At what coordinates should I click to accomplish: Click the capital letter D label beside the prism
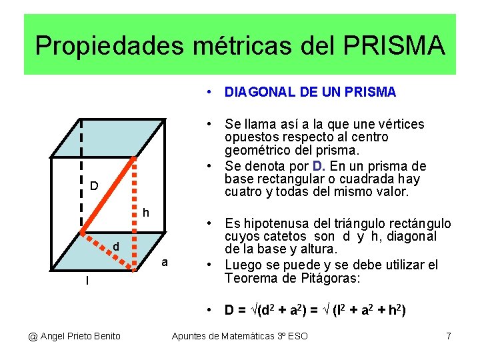pos(94,185)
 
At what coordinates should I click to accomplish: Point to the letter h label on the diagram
pos(145,213)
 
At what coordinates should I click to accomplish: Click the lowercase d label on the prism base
pos(115,247)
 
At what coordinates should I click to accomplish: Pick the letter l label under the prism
pos(87,281)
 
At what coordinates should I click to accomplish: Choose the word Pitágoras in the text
pos(331,279)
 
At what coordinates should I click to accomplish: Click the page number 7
pos(449,336)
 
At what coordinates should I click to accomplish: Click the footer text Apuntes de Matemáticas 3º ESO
pos(240,336)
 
